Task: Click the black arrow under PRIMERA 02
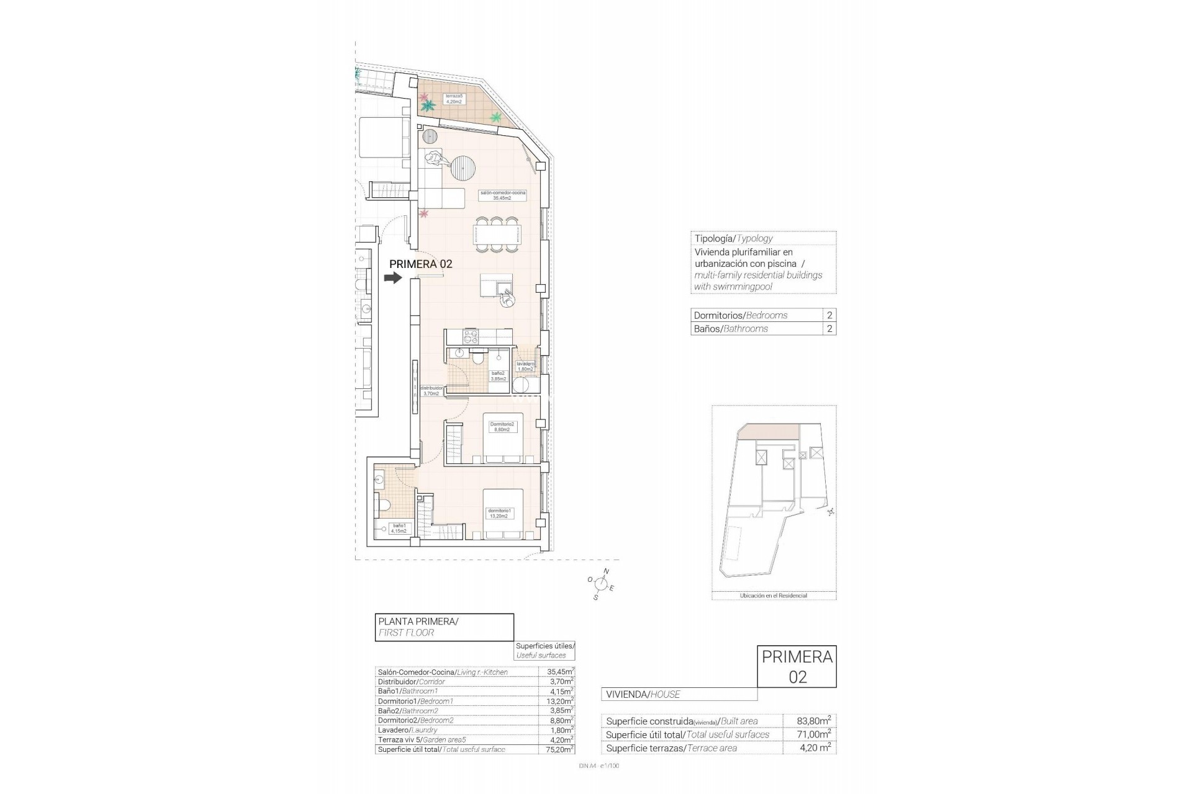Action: coord(393,279)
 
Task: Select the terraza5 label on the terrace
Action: coord(454,99)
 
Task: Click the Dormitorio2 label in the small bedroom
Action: coord(502,427)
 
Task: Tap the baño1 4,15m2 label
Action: coord(398,528)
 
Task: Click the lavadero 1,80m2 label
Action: coord(525,366)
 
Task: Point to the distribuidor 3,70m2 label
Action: coord(431,390)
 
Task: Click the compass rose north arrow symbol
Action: coord(600,583)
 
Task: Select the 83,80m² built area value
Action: coord(813,721)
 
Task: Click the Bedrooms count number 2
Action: coord(829,315)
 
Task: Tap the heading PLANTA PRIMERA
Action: coord(418,621)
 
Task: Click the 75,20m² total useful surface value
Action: coord(556,749)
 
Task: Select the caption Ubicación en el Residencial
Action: coord(773,595)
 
